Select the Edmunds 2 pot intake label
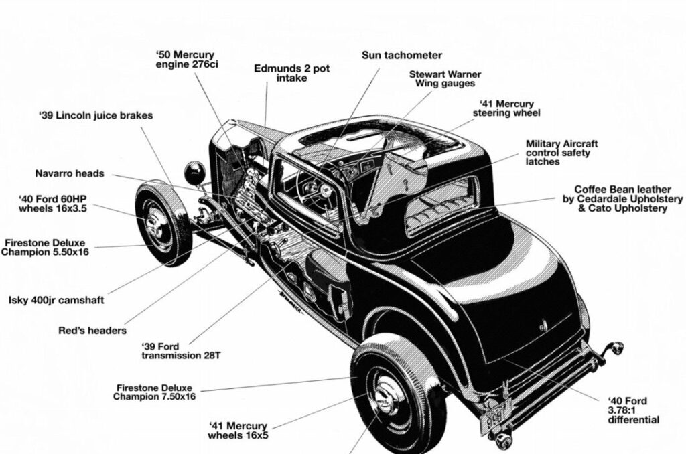tap(291, 73)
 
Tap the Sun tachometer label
tap(402, 55)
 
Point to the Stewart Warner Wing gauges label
tap(445, 78)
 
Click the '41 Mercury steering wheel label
tap(506, 108)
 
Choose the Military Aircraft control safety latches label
tap(561, 153)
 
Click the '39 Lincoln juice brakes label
tap(96, 115)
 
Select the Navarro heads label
tap(70, 173)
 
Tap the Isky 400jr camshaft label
tap(56, 300)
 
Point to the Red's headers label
tap(92, 330)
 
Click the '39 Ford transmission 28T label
tap(180, 350)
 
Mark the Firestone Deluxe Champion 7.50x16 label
tap(154, 392)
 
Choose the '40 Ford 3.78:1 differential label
tap(633, 410)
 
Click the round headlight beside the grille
tap(195, 173)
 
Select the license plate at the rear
tap(494, 417)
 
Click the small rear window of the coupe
tap(442, 205)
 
